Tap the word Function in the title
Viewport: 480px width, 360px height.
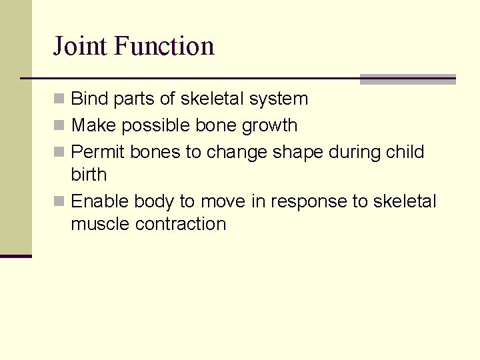pos(164,47)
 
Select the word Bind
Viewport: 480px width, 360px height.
pos(90,99)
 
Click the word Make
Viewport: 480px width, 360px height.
pos(92,125)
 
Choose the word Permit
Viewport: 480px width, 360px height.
pos(98,152)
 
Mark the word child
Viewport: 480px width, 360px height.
pos(405,152)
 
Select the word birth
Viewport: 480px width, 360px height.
pos(89,175)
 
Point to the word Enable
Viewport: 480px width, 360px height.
pos(100,201)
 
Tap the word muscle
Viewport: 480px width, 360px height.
pos(101,224)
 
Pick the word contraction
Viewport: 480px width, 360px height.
pos(181,224)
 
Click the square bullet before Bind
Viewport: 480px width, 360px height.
pos(59,99)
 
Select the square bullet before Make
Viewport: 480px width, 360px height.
pos(59,125)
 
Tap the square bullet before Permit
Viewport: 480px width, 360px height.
pos(59,152)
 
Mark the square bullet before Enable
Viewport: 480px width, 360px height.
pos(59,201)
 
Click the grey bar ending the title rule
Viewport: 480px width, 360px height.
pos(407,79)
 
